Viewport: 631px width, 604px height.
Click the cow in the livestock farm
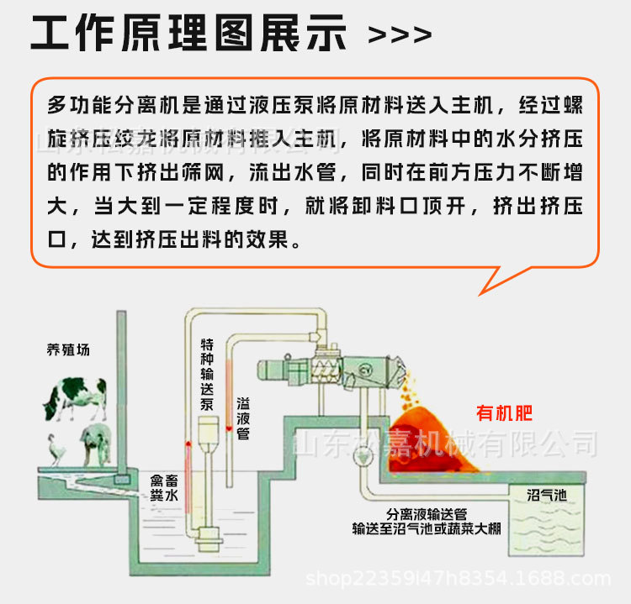[75, 396]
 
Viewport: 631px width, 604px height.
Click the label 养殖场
[67, 349]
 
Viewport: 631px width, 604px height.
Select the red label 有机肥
[505, 413]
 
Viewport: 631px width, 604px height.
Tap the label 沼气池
[547, 495]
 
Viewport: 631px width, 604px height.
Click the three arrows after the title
[400, 35]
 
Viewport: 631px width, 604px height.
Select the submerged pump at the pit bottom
[207, 542]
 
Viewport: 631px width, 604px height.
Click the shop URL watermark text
[459, 579]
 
